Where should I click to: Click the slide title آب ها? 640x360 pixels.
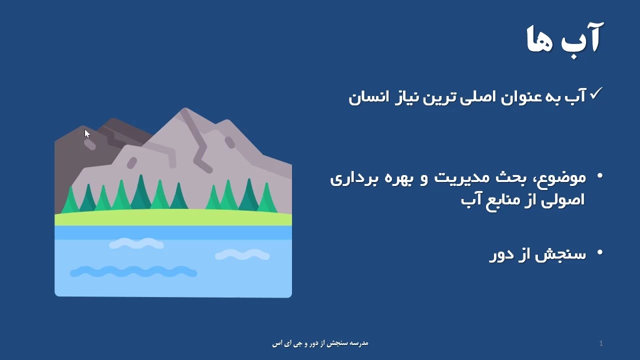coord(565,39)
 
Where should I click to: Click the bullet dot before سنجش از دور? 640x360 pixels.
coord(599,252)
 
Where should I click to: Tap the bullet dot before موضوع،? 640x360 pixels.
coord(599,175)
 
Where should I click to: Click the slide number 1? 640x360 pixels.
coord(601,343)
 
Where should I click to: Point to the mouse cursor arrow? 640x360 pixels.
coord(87,133)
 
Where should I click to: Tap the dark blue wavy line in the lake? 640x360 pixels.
coord(133,271)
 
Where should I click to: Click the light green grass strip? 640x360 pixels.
coord(173,217)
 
